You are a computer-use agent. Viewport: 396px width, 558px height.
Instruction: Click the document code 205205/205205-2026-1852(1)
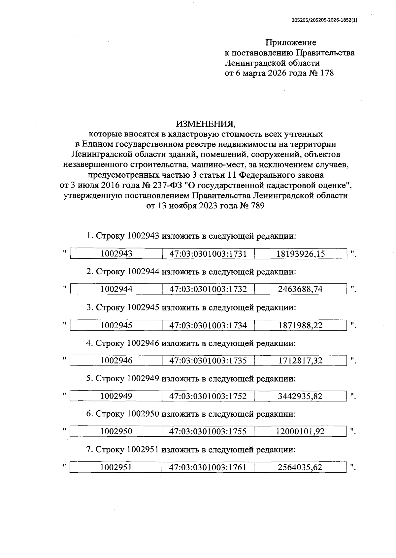pyautogui.click(x=324, y=20)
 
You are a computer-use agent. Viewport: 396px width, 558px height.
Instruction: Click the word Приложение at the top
pyautogui.click(x=291, y=43)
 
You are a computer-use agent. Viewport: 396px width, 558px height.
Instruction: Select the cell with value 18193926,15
pyautogui.click(x=300, y=253)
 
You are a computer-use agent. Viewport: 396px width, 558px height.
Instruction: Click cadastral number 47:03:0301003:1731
pyautogui.click(x=208, y=253)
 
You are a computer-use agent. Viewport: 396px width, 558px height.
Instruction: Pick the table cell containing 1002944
pyautogui.click(x=116, y=289)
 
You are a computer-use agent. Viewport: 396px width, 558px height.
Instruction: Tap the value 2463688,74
pyautogui.click(x=300, y=289)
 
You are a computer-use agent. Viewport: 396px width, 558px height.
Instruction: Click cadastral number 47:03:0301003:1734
pyautogui.click(x=208, y=325)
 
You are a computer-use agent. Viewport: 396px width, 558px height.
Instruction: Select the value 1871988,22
pyautogui.click(x=300, y=325)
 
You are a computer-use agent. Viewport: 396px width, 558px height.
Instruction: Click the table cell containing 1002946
pyautogui.click(x=116, y=360)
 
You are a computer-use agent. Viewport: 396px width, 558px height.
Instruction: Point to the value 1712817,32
pyautogui.click(x=300, y=360)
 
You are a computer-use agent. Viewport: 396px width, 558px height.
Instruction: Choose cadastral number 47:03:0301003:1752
pyautogui.click(x=208, y=396)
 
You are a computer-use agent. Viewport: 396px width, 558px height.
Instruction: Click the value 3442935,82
pyautogui.click(x=300, y=396)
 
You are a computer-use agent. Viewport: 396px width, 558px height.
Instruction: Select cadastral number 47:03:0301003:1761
pyautogui.click(x=208, y=467)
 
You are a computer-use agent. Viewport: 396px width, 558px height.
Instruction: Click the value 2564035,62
pyautogui.click(x=300, y=467)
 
